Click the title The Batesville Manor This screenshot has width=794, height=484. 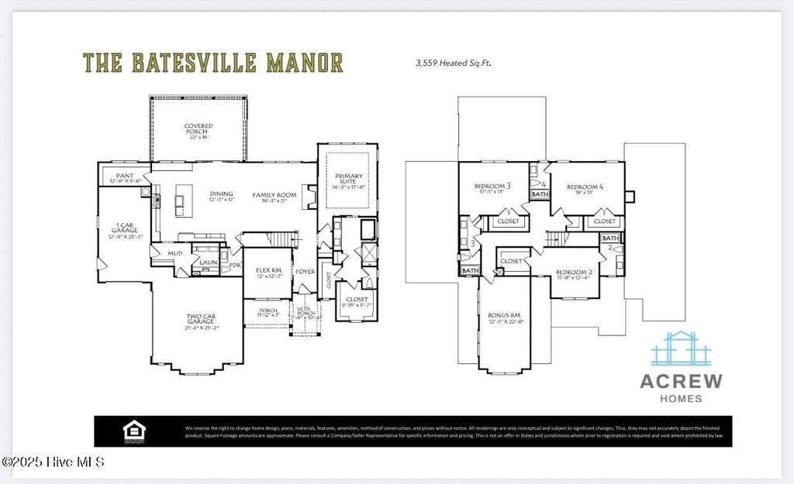pyautogui.click(x=212, y=62)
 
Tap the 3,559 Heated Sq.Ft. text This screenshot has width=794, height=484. pyautogui.click(x=454, y=64)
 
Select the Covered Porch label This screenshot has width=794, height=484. pyautogui.click(x=198, y=129)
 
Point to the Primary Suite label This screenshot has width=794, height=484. pyautogui.click(x=347, y=180)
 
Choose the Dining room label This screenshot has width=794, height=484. pyautogui.click(x=222, y=195)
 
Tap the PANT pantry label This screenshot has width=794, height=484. pyautogui.click(x=124, y=177)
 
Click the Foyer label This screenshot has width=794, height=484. pyautogui.click(x=303, y=272)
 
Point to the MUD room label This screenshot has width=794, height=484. pyautogui.click(x=175, y=252)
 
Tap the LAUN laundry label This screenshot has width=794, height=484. pyautogui.click(x=208, y=262)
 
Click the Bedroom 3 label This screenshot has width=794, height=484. pyautogui.click(x=492, y=187)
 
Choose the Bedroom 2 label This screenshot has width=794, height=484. pyautogui.click(x=574, y=272)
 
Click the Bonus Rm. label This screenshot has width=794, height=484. pyautogui.click(x=504, y=317)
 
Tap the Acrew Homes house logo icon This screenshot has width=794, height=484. pyautogui.click(x=681, y=349)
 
